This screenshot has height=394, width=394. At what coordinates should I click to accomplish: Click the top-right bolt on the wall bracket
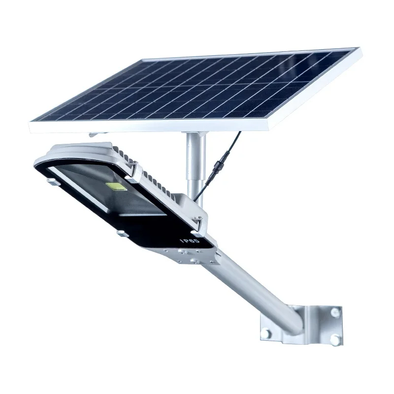tap(335, 312)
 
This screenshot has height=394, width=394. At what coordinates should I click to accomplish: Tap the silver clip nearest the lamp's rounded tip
tap(51, 182)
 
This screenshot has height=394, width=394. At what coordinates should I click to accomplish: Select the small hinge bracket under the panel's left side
tap(96, 133)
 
